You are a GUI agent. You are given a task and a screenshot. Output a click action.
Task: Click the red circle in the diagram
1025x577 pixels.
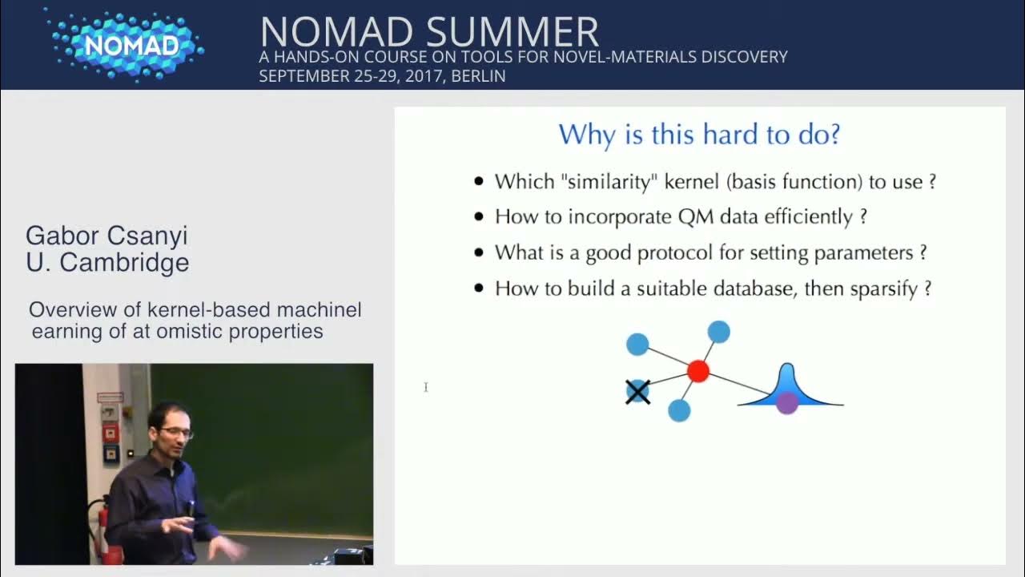(x=698, y=371)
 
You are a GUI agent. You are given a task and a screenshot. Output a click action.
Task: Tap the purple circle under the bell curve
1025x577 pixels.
(x=787, y=402)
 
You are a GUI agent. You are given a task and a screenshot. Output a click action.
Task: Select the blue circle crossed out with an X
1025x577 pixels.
(x=637, y=392)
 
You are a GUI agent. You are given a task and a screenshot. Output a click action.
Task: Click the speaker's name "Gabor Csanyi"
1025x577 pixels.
(x=107, y=236)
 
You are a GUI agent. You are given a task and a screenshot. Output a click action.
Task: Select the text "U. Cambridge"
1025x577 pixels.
(x=107, y=263)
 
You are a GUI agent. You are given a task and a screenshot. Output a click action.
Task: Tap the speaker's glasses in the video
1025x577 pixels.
(x=176, y=433)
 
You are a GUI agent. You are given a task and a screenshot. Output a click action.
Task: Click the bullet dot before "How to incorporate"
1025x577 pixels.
(x=479, y=217)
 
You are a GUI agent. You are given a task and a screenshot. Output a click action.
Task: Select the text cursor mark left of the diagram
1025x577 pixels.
(x=426, y=388)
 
